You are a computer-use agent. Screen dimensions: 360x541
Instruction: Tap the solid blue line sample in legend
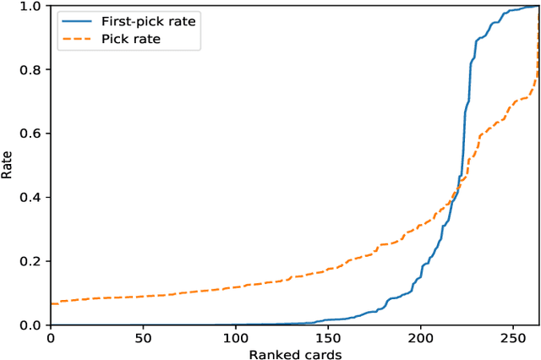tap(74, 20)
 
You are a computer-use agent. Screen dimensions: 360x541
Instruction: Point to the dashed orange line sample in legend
tap(74, 39)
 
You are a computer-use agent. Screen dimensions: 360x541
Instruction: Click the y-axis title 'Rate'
tap(8, 166)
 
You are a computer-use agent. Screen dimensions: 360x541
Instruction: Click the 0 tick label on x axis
tap(51, 338)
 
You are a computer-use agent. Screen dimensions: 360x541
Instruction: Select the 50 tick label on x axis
tap(143, 338)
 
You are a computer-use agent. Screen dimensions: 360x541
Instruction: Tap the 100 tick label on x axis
tap(236, 338)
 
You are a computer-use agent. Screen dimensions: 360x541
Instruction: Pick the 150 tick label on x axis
tap(328, 338)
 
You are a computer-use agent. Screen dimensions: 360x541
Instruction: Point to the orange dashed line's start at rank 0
tap(52, 303)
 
